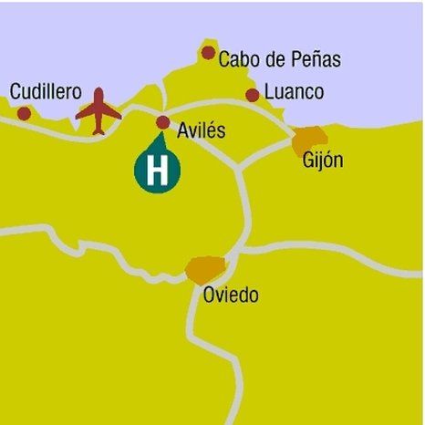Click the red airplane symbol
pyautogui.click(x=98, y=112)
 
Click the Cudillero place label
pyautogui.click(x=45, y=92)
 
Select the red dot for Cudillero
pyautogui.click(x=24, y=113)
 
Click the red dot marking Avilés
pyautogui.click(x=163, y=121)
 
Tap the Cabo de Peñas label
pyautogui.click(x=279, y=60)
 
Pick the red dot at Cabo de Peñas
pyautogui.click(x=209, y=54)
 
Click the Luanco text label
pyautogui.click(x=293, y=93)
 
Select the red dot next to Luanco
pyautogui.click(x=253, y=95)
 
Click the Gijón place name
pyautogui.click(x=322, y=161)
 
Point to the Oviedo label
pyautogui.click(x=231, y=295)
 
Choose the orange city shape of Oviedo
pyautogui.click(x=205, y=270)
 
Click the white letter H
pyautogui.click(x=158, y=171)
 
